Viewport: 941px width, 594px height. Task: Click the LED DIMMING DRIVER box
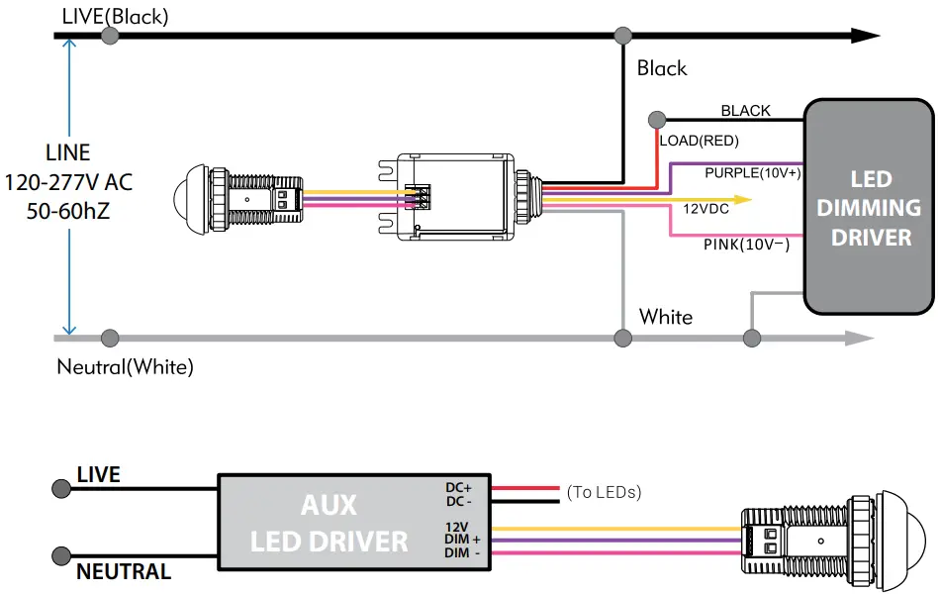coord(869,207)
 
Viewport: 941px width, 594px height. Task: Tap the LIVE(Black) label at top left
coord(115,16)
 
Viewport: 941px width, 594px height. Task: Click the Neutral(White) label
coord(125,367)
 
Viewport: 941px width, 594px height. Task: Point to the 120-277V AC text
coord(68,183)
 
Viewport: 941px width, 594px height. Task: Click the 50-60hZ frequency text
coord(68,212)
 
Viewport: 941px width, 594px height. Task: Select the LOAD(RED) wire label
coord(700,141)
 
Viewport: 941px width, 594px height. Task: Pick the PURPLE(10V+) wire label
coord(753,172)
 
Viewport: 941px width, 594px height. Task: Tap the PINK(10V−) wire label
coord(747,244)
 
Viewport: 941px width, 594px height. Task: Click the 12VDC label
coord(706,209)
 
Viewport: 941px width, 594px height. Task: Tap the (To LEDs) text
coord(604,492)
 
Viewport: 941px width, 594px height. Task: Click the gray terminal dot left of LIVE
coord(61,489)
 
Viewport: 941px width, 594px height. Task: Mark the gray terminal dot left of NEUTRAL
coord(61,555)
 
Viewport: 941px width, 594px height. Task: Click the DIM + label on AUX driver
coord(461,539)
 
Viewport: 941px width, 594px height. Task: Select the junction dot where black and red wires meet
coord(655,120)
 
